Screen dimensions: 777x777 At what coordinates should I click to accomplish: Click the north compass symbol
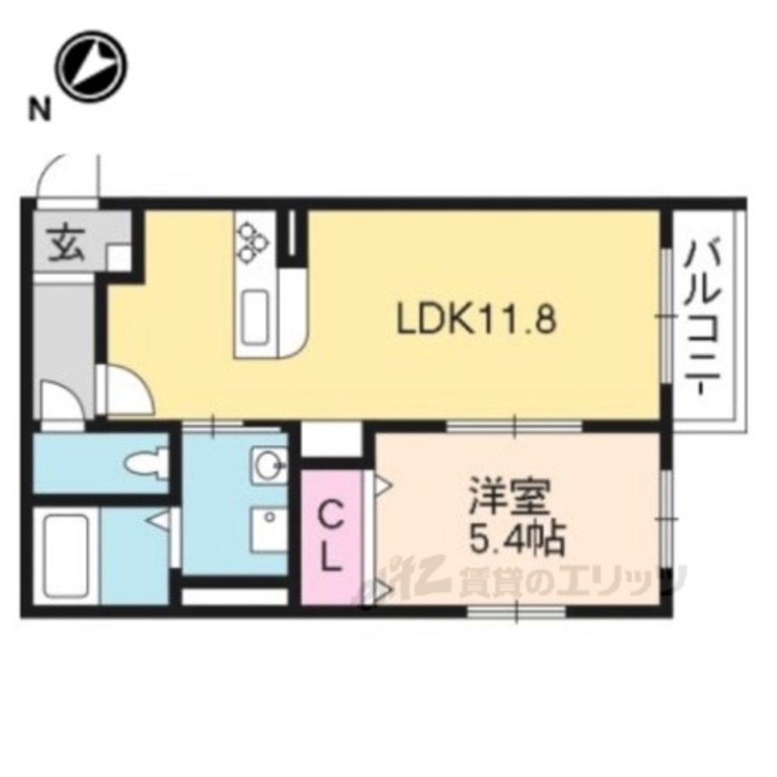pos(91,66)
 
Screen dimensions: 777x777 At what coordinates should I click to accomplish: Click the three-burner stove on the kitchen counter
pos(253,242)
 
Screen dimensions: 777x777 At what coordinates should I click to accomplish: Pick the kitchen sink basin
pos(256,317)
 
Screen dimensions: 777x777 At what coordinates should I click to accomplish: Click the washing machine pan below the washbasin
pos(269,530)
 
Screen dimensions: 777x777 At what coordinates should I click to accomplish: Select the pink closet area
pos(330,537)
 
